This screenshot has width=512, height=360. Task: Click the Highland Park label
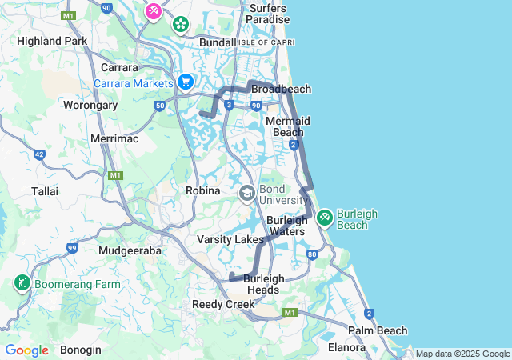tap(52, 41)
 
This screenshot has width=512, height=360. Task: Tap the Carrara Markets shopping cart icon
tap(186, 82)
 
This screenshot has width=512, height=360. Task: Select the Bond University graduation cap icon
tap(247, 193)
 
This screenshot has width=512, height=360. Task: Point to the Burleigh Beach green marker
tap(325, 217)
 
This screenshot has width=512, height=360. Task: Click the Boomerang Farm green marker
tap(22, 283)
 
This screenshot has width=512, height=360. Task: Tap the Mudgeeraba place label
tap(130, 250)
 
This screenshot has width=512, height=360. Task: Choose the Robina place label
tap(202, 190)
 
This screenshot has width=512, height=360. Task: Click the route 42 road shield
tap(39, 154)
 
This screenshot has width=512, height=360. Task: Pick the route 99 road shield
tap(72, 249)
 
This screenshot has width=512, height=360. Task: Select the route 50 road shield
tap(161, 106)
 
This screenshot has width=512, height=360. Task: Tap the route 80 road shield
tap(312, 254)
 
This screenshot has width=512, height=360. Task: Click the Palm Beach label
tap(377, 330)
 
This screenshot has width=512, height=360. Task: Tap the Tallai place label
tap(44, 191)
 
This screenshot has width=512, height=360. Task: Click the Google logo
tap(26, 350)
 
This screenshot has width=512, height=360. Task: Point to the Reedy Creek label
tap(223, 305)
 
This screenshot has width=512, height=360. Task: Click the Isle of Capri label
tap(261, 42)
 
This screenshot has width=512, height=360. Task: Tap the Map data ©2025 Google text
tap(462, 354)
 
